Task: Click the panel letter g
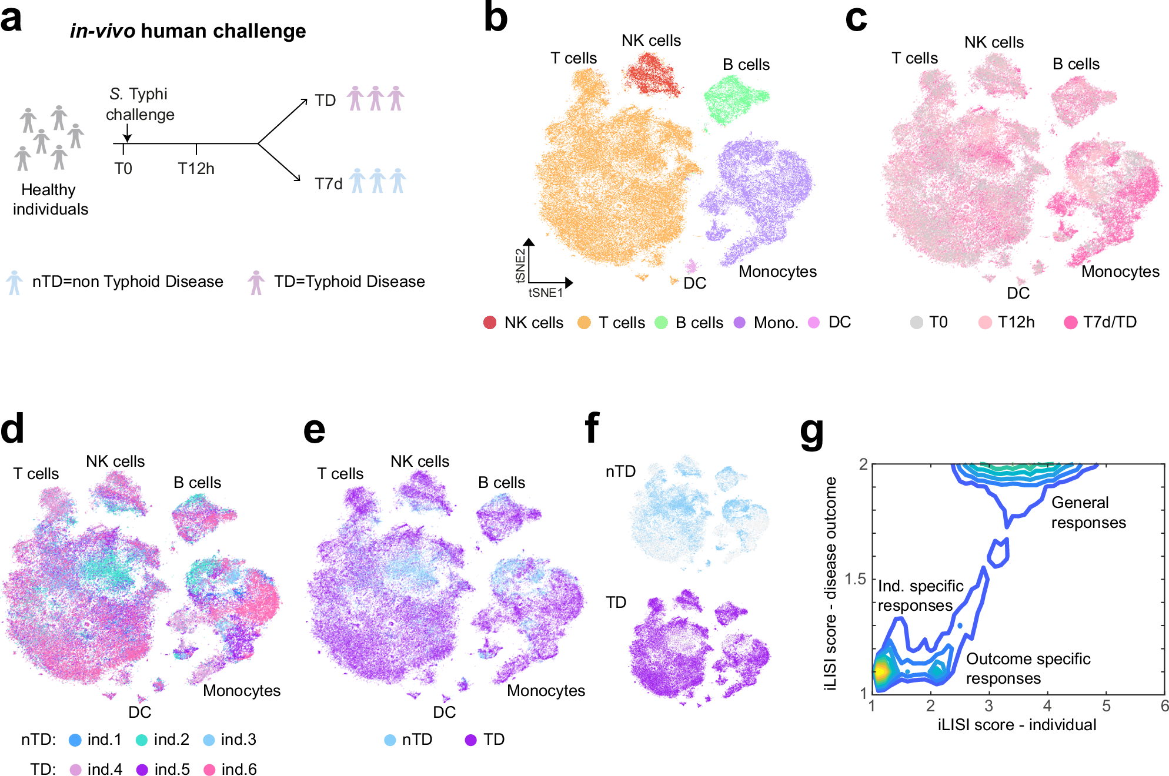pos(812,432)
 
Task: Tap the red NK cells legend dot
pos(489,322)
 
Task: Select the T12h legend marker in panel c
pos(985,322)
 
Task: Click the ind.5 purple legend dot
pos(142,770)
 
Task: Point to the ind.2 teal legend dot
pos(142,740)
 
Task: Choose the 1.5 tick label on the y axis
pos(855,579)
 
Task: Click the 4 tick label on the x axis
pos(1047,705)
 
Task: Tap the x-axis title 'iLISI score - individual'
pos(1017,725)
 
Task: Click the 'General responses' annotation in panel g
pos(1088,512)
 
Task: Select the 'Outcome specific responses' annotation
pos(1028,668)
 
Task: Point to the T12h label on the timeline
pos(196,169)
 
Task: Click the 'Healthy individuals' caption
pos(50,199)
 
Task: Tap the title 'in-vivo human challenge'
pos(188,31)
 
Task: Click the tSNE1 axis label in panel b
pos(545,292)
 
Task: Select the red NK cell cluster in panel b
pos(652,73)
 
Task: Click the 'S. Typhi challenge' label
pos(140,104)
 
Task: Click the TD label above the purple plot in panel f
pos(616,602)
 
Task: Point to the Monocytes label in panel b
pos(777,272)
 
